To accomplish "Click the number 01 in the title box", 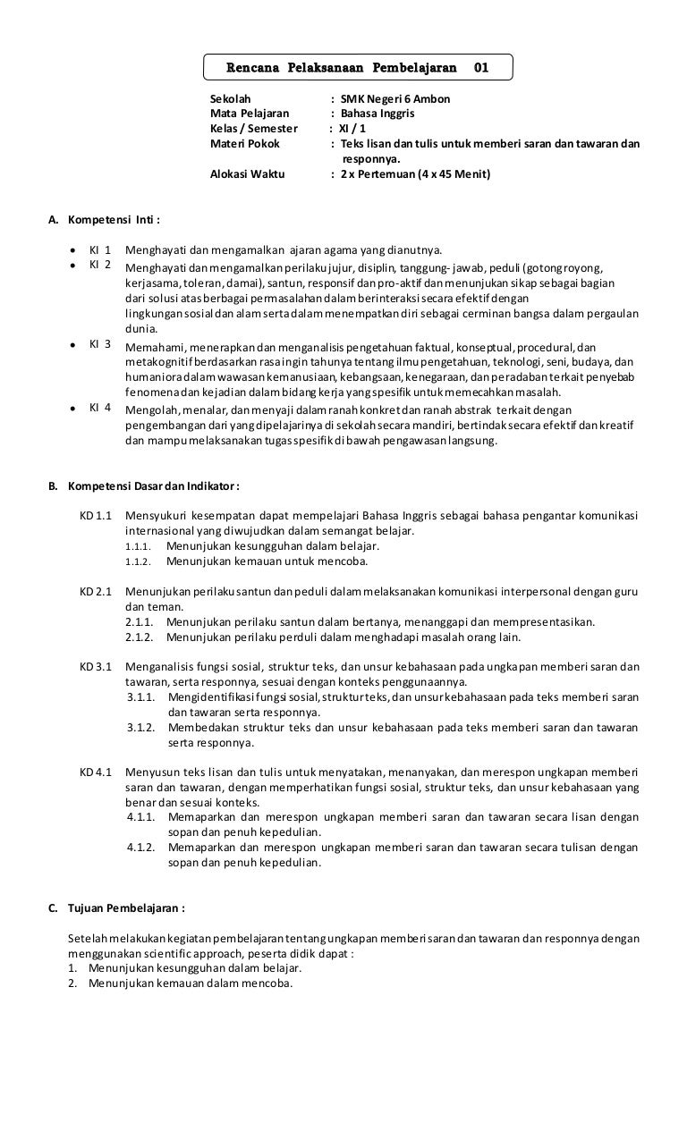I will (480, 67).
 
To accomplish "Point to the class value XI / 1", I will (359, 129).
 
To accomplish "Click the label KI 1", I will (99, 249).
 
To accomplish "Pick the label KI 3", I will (99, 344).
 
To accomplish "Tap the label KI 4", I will (99, 409).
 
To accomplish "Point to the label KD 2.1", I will (95, 593).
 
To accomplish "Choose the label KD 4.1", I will (95, 771).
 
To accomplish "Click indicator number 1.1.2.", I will (138, 562).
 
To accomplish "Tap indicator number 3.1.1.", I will (142, 696).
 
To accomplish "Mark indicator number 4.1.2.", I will (142, 848).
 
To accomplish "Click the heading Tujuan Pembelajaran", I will (126, 907).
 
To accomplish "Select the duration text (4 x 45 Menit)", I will (454, 174).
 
